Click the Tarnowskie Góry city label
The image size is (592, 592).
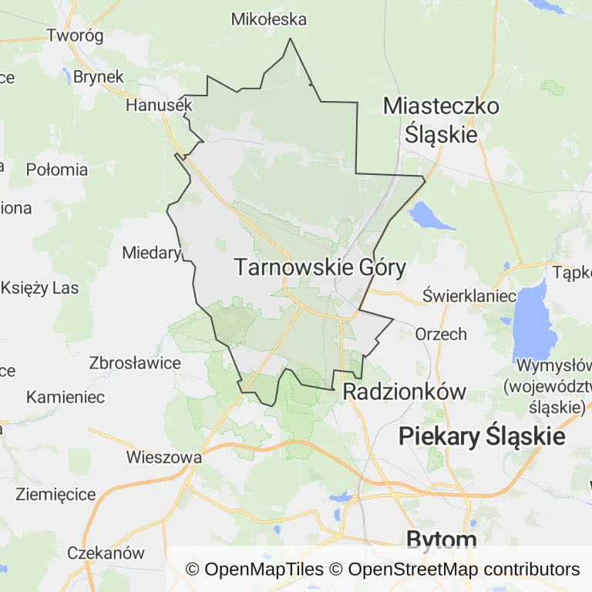(319, 268)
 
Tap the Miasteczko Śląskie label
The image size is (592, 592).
(442, 120)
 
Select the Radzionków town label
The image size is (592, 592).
(404, 391)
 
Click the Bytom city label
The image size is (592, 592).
(442, 539)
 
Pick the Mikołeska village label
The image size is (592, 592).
(269, 19)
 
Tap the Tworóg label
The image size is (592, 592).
(75, 35)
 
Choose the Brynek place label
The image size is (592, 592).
(99, 77)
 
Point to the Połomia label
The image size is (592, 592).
(57, 170)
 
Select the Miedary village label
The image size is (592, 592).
(151, 252)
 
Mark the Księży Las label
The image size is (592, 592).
(40, 288)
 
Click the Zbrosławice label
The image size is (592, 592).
(135, 362)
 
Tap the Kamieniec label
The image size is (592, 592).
(66, 398)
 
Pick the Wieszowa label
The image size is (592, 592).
(164, 457)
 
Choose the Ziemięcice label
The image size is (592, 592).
(55, 494)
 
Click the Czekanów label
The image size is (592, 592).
(106, 553)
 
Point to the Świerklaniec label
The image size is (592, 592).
(469, 296)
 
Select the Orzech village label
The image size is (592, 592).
(441, 334)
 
